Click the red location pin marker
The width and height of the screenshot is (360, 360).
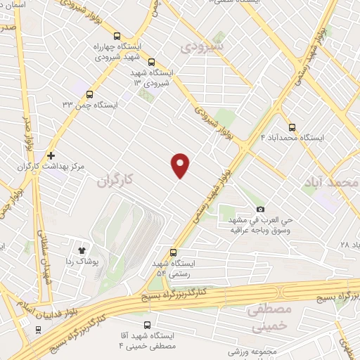point(181,165)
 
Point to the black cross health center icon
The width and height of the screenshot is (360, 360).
point(51,155)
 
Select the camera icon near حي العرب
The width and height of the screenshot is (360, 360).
point(261,209)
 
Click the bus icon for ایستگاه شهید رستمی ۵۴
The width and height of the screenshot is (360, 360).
point(174,252)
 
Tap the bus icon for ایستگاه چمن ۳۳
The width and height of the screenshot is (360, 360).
point(89,93)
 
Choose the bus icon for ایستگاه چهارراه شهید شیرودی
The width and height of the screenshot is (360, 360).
point(117,37)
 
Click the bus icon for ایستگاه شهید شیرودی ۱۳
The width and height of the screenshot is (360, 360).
point(152,61)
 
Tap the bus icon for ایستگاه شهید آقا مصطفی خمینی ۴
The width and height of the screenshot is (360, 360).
point(147,325)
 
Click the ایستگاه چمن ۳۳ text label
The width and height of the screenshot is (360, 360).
point(89,105)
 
